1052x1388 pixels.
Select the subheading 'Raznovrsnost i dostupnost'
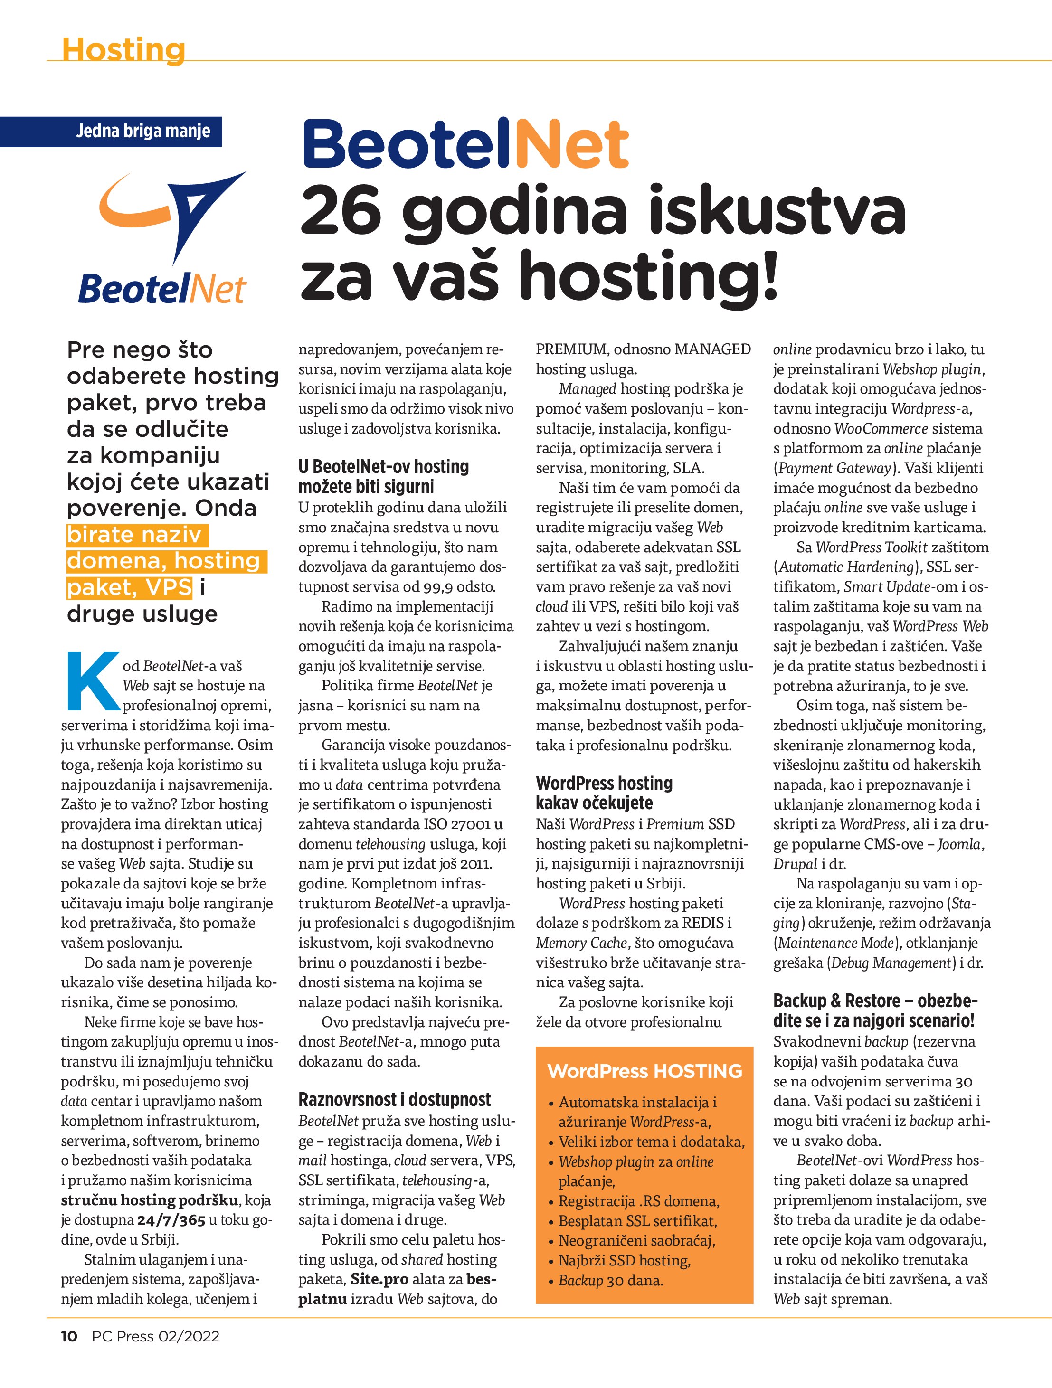coord(394,1099)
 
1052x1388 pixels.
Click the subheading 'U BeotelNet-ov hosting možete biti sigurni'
coord(383,476)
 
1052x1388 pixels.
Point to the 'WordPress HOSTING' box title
coord(644,1071)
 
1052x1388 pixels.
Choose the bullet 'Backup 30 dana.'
coord(610,1280)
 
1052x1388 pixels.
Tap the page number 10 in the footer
coord(69,1336)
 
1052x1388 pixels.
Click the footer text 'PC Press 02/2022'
coord(156,1336)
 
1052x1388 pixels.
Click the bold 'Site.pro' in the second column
coord(379,1279)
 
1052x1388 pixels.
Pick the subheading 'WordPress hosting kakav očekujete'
coord(604,793)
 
